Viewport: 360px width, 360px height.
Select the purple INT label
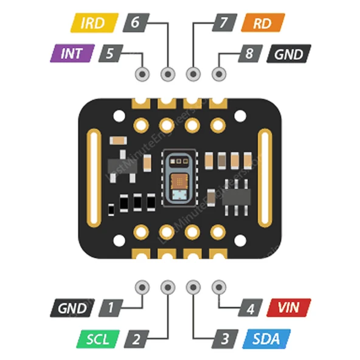coord(75,53)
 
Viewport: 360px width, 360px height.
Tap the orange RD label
coord(263,23)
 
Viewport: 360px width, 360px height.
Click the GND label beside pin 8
coord(288,54)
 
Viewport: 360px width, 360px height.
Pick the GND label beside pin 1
coord(72,308)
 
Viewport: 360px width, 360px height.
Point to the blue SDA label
coord(267,338)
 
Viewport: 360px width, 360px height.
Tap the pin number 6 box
coord(134,23)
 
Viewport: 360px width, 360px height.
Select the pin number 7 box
coord(224,23)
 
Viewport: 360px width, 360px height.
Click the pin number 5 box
coord(109,53)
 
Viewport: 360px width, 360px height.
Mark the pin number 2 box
coord(137,338)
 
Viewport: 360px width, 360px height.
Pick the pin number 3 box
coord(225,338)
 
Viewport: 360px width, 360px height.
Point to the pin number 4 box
coord(250,308)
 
